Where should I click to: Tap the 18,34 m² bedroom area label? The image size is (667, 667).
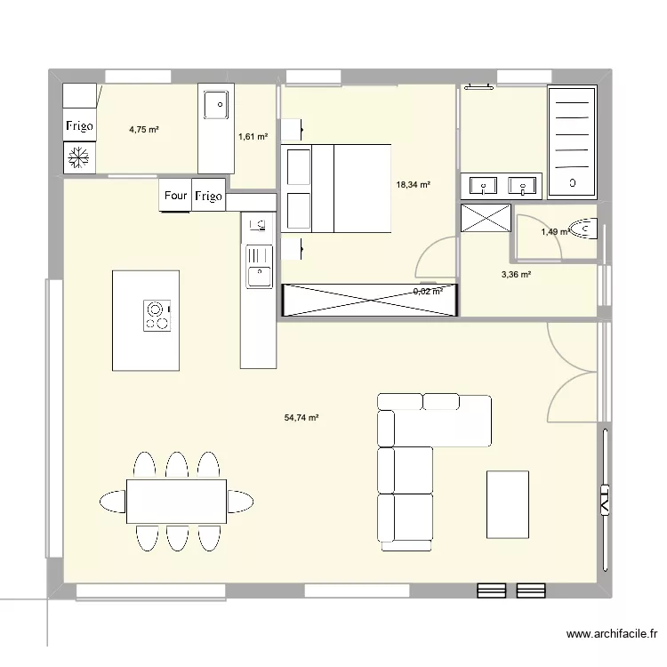click(413, 185)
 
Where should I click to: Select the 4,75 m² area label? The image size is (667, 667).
click(143, 129)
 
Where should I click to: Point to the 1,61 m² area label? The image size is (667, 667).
click(253, 136)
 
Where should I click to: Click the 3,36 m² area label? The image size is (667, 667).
click(516, 275)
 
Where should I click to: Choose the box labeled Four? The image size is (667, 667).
click(174, 196)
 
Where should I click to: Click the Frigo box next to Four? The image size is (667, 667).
click(207, 196)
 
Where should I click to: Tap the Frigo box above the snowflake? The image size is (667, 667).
click(80, 125)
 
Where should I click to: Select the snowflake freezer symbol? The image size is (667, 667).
click(80, 158)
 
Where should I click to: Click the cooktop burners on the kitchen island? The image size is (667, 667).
click(157, 317)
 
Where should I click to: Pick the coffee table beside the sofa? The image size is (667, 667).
click(507, 502)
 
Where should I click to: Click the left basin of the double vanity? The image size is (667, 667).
click(484, 186)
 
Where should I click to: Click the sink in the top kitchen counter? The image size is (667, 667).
click(214, 105)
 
